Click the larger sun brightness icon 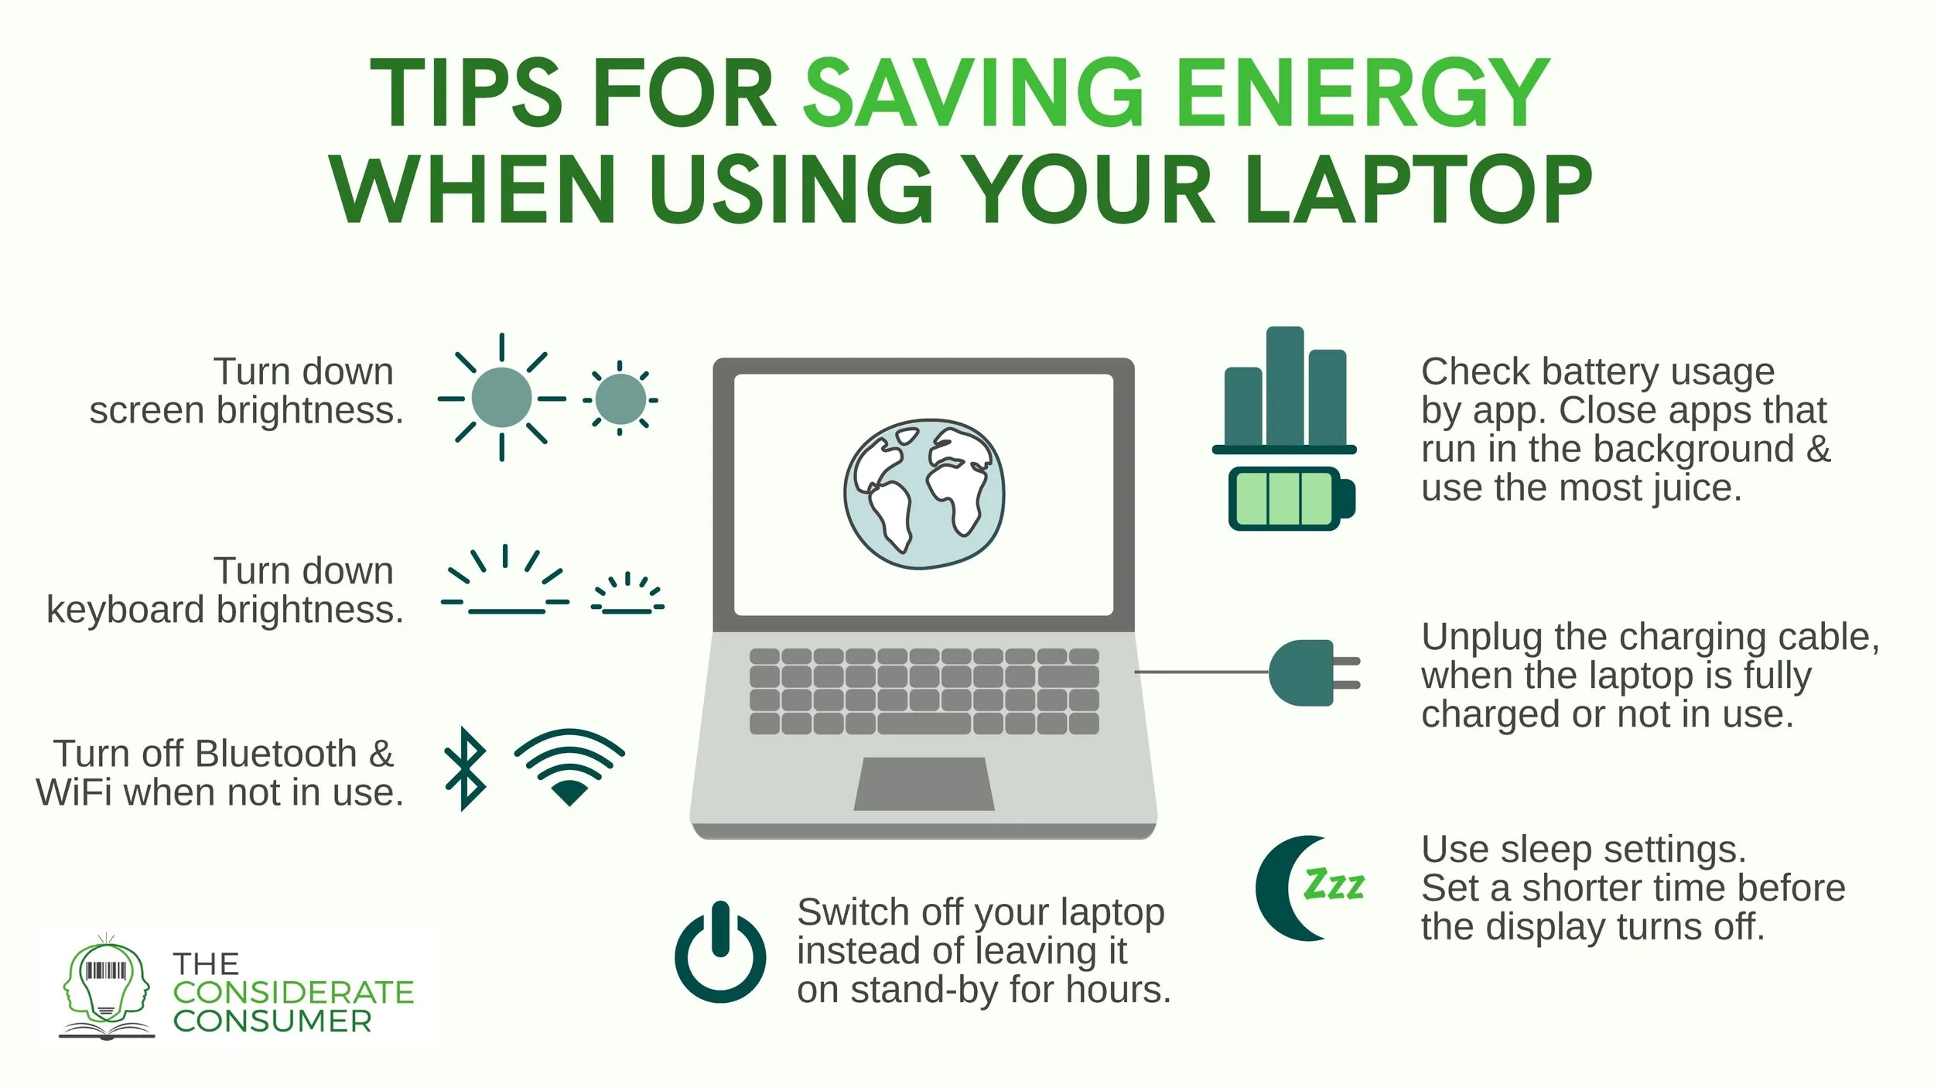point(501,398)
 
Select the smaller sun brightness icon point(620,399)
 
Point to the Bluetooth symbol point(465,768)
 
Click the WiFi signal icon point(569,766)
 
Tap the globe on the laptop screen point(924,494)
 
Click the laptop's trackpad point(924,783)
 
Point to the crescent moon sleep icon point(1284,888)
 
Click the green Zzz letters point(1334,884)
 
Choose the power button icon point(720,953)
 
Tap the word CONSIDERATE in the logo point(293,993)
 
